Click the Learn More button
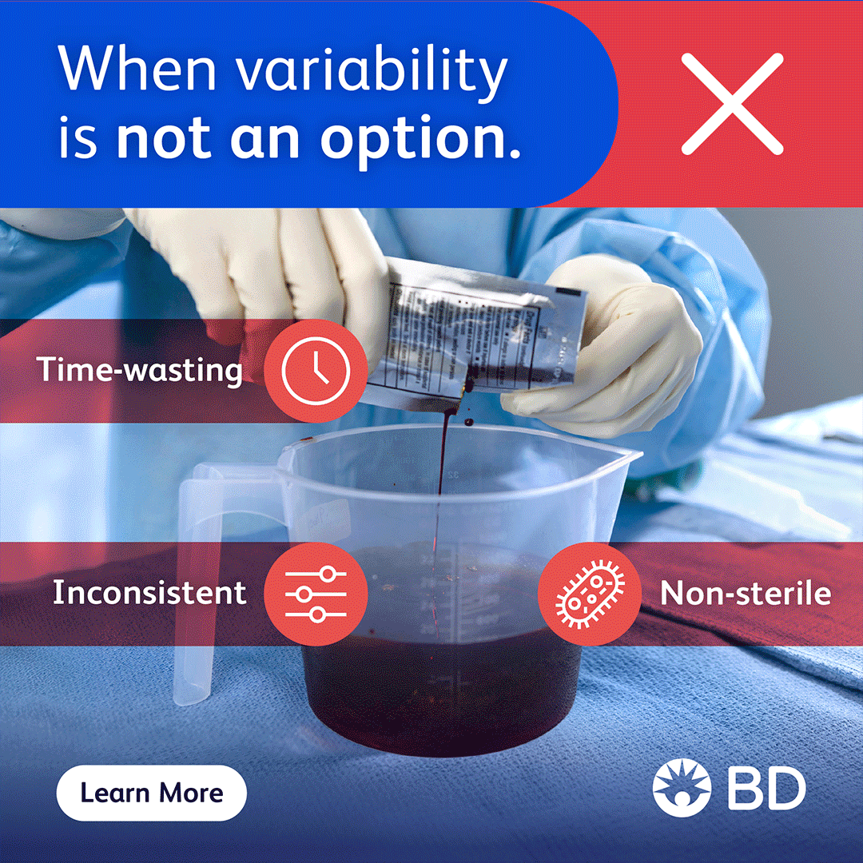pos(151,793)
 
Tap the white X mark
pos(731,103)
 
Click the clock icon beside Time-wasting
pos(316,371)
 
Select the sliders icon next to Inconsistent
pos(316,595)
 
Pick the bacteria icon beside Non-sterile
pos(590,595)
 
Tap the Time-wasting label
pos(141,370)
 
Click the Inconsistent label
pos(149,593)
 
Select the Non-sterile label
pos(746,594)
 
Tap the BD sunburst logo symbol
pos(682,786)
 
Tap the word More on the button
pos(189,793)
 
